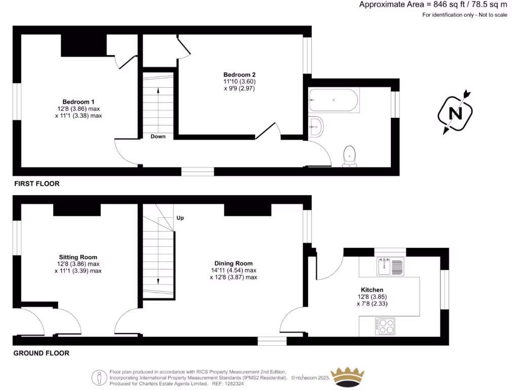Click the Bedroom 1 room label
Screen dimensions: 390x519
[x=79, y=101]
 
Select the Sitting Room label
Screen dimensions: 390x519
[x=78, y=257]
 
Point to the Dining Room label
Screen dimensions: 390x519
[x=233, y=263]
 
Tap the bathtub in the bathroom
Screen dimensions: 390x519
[x=334, y=101]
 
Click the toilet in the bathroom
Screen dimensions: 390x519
[x=349, y=155]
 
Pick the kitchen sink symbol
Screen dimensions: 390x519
[x=390, y=266]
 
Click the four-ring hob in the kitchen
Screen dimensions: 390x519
[x=385, y=326]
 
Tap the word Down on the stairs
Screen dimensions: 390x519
[x=158, y=136]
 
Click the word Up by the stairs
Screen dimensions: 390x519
[x=180, y=218]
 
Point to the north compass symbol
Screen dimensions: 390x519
[x=456, y=113]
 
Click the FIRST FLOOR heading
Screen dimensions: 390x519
[x=36, y=184]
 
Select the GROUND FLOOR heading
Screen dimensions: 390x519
[x=41, y=353]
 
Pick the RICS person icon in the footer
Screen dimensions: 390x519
[x=98, y=377]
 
